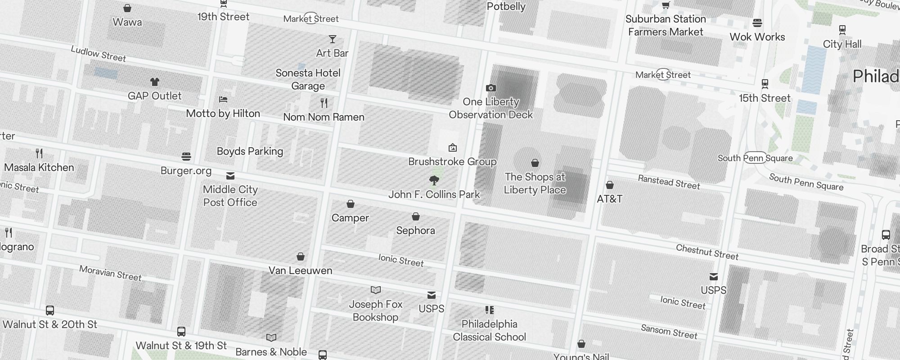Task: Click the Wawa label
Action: [x=127, y=22]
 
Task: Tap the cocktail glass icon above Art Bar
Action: [x=333, y=39]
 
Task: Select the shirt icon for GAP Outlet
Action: [x=155, y=82]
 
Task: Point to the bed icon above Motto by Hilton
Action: [x=223, y=99]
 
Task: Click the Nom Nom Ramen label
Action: [x=324, y=117]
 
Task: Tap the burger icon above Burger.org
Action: [x=186, y=157]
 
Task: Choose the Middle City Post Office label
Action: [x=230, y=196]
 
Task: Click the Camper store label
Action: [x=350, y=218]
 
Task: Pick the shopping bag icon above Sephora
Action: [x=416, y=217]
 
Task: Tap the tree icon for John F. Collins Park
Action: [x=434, y=181]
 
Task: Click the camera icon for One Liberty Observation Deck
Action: [x=491, y=88]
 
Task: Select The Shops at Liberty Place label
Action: [x=535, y=183]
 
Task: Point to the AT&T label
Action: [x=609, y=198]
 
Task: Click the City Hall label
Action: [x=842, y=44]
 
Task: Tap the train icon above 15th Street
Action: [x=765, y=84]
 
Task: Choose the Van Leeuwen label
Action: [x=300, y=270]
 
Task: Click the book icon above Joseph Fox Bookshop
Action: [x=376, y=290]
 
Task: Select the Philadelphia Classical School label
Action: [x=489, y=330]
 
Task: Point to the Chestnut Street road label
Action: [x=707, y=252]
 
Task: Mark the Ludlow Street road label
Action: [x=99, y=54]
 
